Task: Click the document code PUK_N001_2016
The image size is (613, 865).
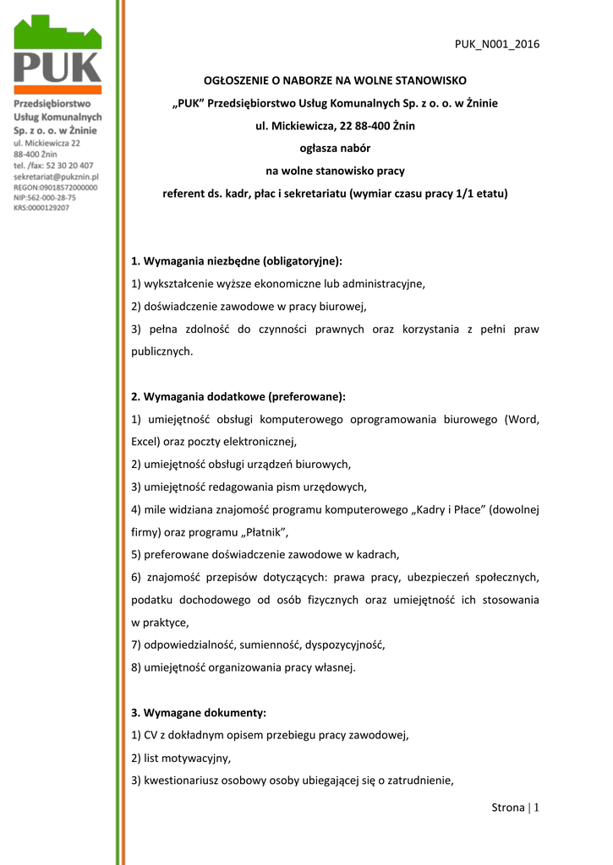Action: tap(497, 45)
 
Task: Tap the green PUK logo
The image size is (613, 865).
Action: tap(57, 55)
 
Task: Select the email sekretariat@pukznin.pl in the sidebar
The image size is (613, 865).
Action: tap(57, 177)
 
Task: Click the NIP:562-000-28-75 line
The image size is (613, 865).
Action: tap(45, 198)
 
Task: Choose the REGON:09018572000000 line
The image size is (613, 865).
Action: tap(56, 188)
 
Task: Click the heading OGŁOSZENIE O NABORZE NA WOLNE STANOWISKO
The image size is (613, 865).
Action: tap(336, 80)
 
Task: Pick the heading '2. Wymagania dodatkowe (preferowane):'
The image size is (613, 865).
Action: tap(238, 396)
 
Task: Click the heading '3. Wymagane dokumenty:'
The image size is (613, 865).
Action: tap(199, 713)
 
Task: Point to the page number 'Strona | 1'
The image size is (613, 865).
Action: tap(515, 808)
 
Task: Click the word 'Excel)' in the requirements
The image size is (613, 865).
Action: tap(147, 442)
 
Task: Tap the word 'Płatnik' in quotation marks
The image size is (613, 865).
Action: tap(266, 532)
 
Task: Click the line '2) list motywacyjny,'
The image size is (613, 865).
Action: tap(181, 759)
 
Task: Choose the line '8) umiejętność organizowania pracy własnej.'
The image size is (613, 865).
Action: tap(244, 667)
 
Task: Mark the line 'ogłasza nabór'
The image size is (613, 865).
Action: tap(336, 148)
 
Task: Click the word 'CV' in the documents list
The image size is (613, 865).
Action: tap(155, 736)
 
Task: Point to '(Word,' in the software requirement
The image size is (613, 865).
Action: tap(522, 419)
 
